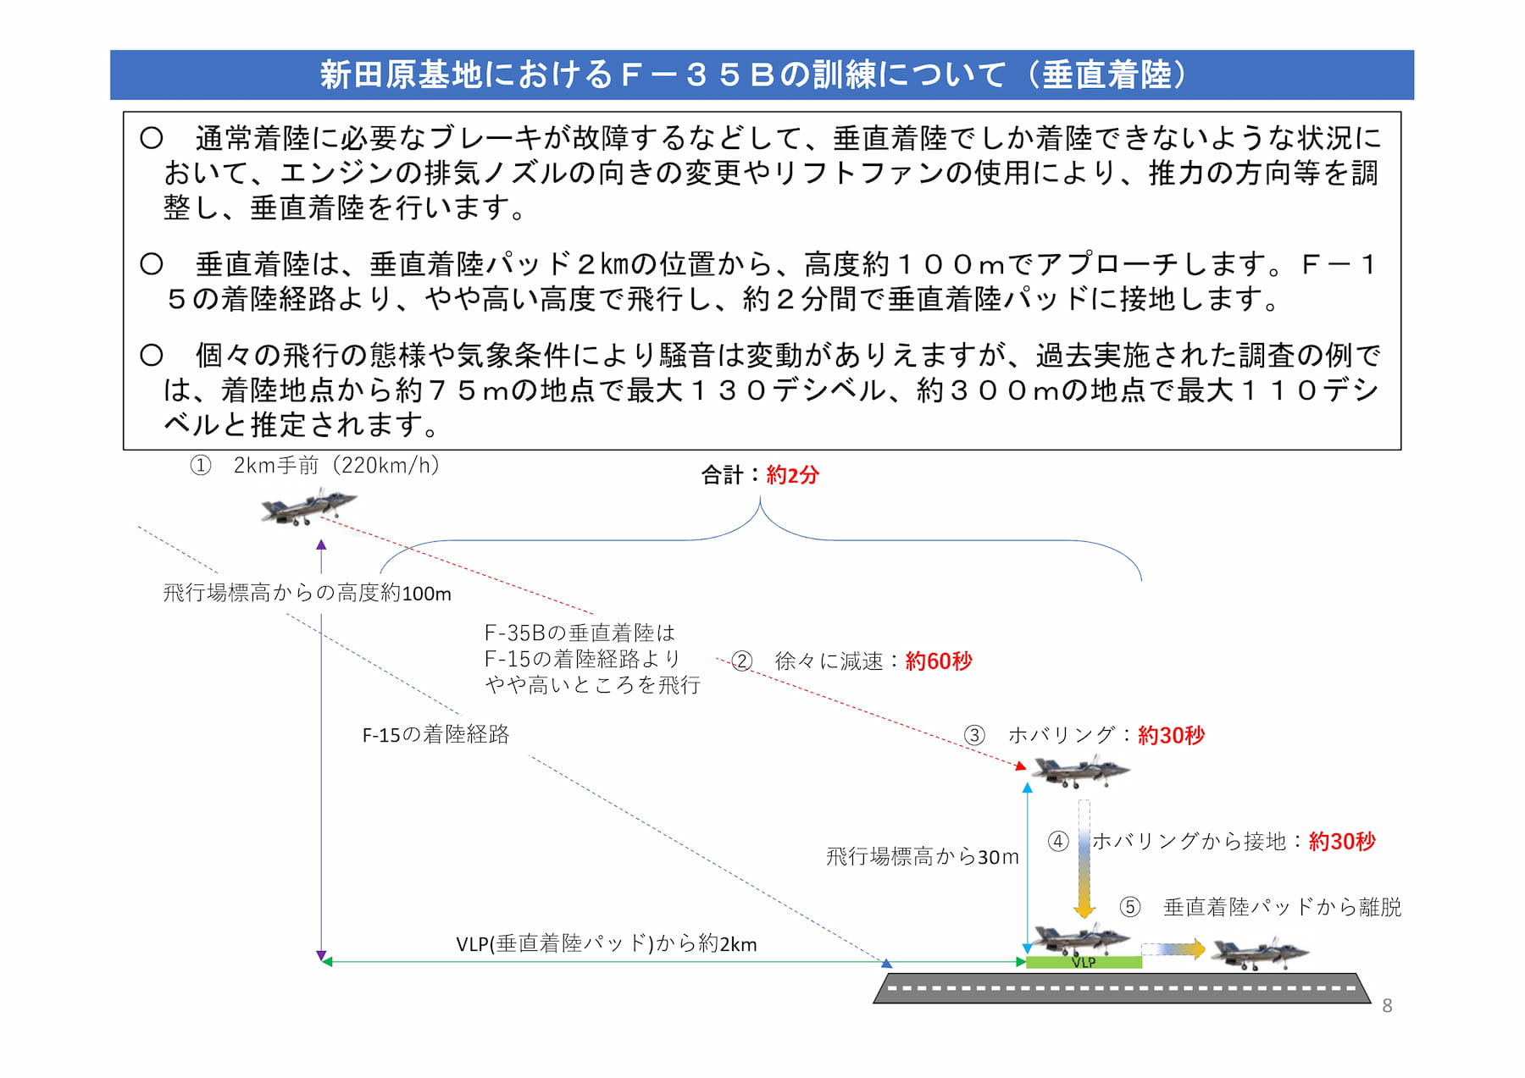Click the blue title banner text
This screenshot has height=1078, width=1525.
[x=755, y=75]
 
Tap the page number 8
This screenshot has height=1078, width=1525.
[x=1387, y=1005]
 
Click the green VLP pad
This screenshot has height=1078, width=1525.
[x=1084, y=962]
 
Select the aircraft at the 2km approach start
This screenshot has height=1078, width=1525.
[x=308, y=507]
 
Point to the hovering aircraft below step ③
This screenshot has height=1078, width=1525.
[x=1079, y=770]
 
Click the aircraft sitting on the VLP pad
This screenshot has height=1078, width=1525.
[x=1079, y=938]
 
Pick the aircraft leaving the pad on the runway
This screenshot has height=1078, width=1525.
[x=1259, y=952]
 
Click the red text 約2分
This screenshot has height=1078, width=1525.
[x=792, y=475]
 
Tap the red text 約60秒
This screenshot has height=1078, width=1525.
[x=939, y=661]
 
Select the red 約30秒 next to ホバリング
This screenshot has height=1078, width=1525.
[x=1171, y=734]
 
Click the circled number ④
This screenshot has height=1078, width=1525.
[x=1057, y=841]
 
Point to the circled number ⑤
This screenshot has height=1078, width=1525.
[x=1130, y=907]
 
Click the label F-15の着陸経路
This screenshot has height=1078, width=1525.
[x=435, y=734]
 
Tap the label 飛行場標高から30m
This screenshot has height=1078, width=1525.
[x=923, y=856]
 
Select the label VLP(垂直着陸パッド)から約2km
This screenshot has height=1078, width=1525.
[x=607, y=943]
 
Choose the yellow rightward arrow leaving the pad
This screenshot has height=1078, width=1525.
[x=1173, y=949]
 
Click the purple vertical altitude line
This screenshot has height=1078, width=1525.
[x=321, y=750]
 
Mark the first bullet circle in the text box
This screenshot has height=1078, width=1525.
[x=152, y=138]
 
